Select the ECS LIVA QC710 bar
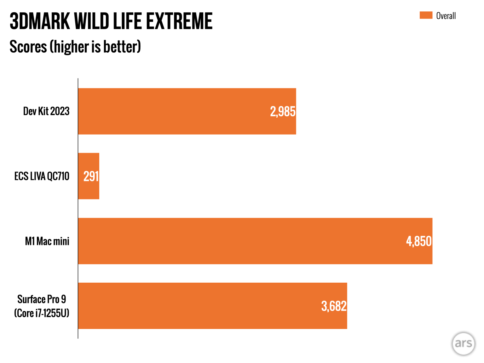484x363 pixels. (x=89, y=176)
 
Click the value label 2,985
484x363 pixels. (x=283, y=112)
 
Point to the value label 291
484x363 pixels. (x=91, y=176)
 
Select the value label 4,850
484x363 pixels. (x=419, y=241)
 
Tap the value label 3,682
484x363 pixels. (x=334, y=306)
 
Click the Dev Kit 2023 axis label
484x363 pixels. (x=46, y=111)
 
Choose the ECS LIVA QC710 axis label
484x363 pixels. (x=42, y=176)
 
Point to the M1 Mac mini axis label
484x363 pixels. (x=47, y=241)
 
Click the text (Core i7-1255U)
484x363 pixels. (x=42, y=313)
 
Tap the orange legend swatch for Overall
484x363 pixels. (x=426, y=15)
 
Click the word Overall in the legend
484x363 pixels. (x=446, y=16)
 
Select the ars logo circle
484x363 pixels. (x=463, y=343)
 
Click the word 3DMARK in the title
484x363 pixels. (x=40, y=21)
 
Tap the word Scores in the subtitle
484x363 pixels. (x=28, y=47)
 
